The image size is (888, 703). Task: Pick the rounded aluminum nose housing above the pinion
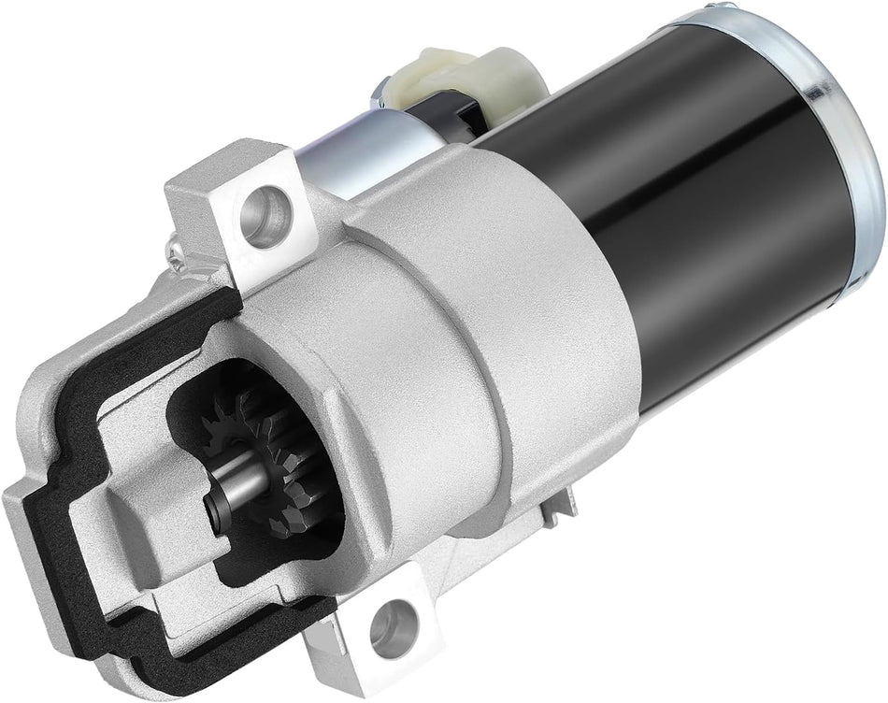308,327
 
